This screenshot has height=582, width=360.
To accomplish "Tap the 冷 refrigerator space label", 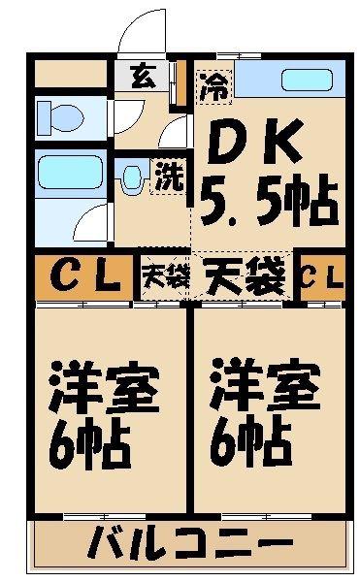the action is [214, 87].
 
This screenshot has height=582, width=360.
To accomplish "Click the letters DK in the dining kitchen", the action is [254, 142].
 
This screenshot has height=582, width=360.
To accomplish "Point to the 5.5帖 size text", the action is [269, 201].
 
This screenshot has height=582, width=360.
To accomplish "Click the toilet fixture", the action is [60, 117].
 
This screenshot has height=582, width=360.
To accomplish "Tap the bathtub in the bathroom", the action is [70, 173].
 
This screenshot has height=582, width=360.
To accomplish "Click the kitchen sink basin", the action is [307, 80].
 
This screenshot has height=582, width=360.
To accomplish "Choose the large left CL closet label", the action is [85, 276].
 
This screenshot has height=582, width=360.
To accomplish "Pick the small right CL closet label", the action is [322, 276].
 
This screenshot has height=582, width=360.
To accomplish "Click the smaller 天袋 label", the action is [166, 276].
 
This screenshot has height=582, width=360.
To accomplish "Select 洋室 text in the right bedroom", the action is [265, 384].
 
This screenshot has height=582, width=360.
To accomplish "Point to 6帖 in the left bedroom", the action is [89, 443].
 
